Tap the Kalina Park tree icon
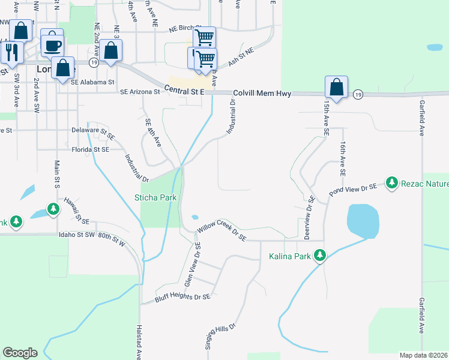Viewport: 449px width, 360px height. click(x=320, y=256)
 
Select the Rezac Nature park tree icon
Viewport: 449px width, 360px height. click(x=392, y=182)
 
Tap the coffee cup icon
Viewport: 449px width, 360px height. click(x=52, y=44)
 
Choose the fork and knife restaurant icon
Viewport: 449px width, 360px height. click(x=11, y=52)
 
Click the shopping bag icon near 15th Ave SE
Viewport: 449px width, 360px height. click(x=337, y=87)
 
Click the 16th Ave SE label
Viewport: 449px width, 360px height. click(x=343, y=159)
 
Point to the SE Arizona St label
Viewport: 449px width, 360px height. click(x=140, y=92)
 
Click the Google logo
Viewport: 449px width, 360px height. click(x=20, y=353)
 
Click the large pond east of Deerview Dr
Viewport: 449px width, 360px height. click(x=363, y=221)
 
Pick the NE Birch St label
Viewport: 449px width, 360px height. click(x=184, y=28)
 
